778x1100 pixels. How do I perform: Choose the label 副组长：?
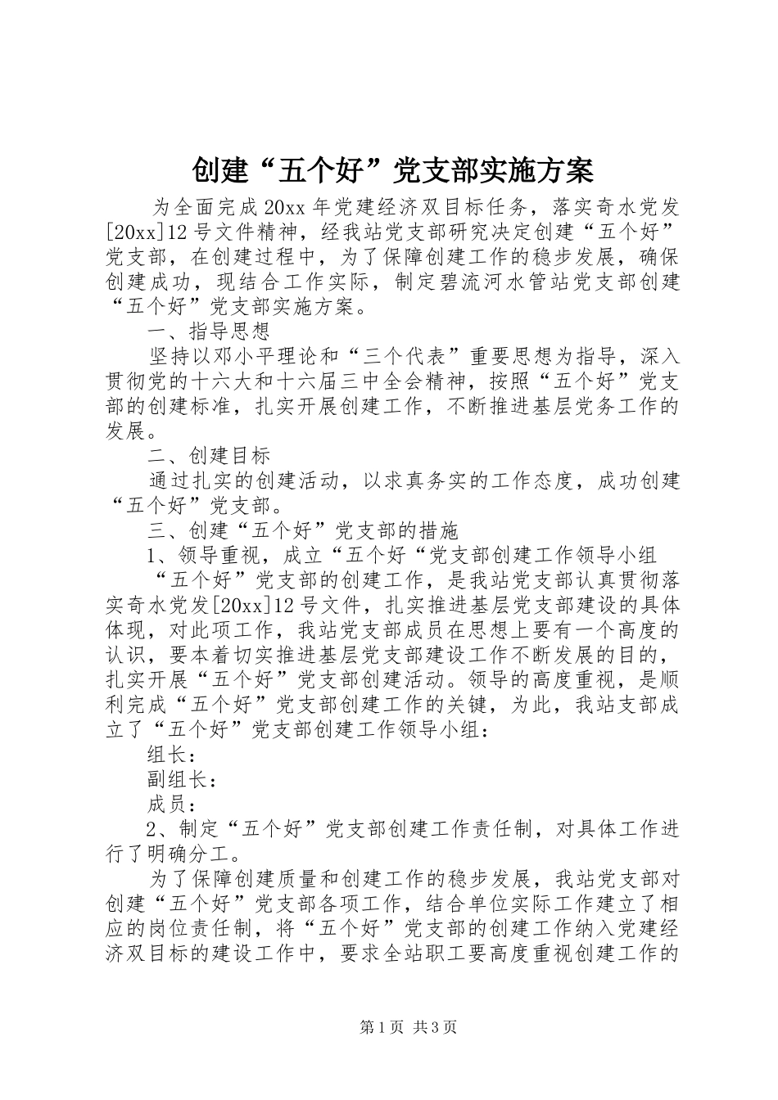[x=182, y=779]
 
